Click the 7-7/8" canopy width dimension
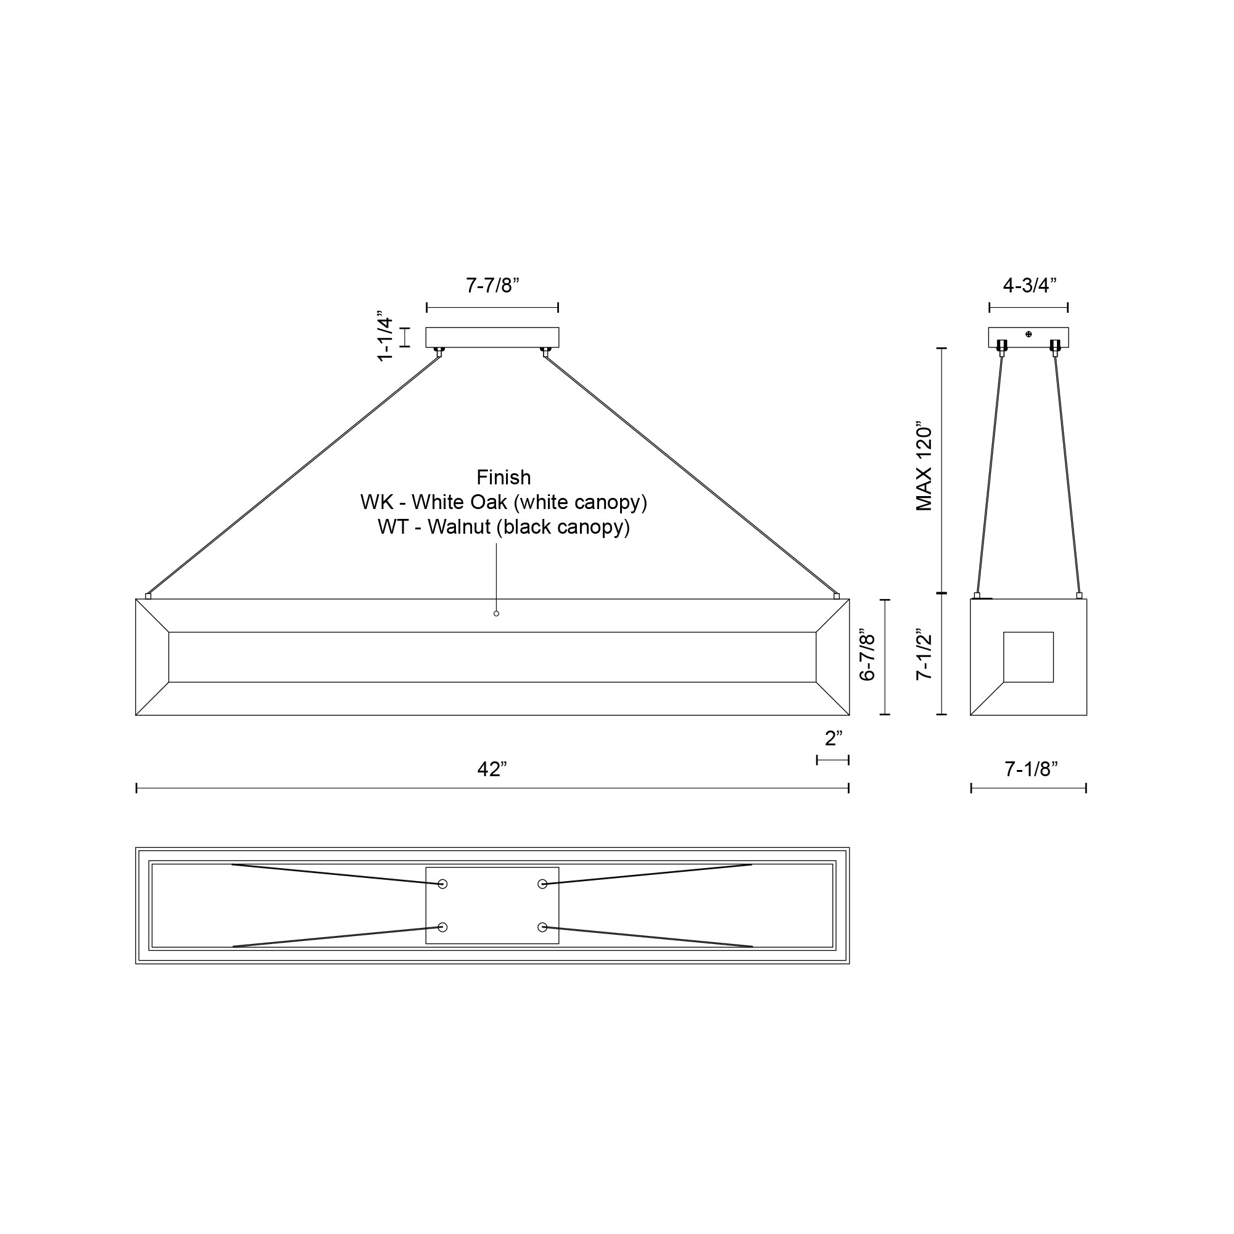coord(492,286)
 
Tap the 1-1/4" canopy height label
coord(384,337)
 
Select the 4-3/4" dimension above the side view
coord(1029,286)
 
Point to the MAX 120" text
coord(924,466)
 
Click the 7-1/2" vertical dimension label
coord(924,656)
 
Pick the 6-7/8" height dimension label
coord(867,657)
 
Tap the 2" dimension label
coord(834,739)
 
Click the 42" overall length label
coord(492,769)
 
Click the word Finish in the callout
coord(503,477)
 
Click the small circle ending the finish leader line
coord(496,613)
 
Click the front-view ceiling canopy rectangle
coord(492,337)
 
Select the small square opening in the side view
coord(1029,657)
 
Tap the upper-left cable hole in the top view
coord(442,884)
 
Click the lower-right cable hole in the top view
coord(542,927)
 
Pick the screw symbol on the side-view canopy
coord(1029,334)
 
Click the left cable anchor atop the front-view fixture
coord(148,596)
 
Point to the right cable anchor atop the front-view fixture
coord(836,596)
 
